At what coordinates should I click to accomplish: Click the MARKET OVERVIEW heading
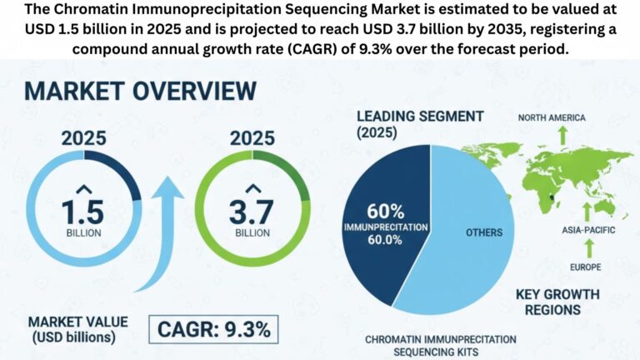click(142, 89)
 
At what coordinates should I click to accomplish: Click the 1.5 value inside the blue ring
click(85, 207)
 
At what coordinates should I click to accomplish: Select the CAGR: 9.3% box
click(213, 329)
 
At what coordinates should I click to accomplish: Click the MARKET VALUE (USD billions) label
click(71, 329)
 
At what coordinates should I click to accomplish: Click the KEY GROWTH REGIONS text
click(559, 301)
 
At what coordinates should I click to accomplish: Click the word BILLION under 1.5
click(85, 232)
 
